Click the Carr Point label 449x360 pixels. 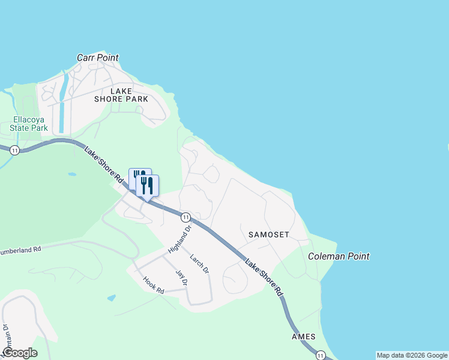pyautogui.click(x=98, y=58)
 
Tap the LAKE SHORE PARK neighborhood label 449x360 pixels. pyautogui.click(x=121, y=95)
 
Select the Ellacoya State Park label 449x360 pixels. pyautogui.click(x=29, y=124)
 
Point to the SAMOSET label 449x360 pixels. pyautogui.click(x=265, y=234)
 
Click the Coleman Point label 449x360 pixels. pyautogui.click(x=339, y=256)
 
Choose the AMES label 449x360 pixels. pyautogui.click(x=303, y=337)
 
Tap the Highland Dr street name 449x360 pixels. pyautogui.click(x=179, y=238)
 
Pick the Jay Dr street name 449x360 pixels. pyautogui.click(x=181, y=278)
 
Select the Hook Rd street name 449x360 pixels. pyautogui.click(x=154, y=284)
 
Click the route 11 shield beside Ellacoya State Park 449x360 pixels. pyautogui.click(x=15, y=150)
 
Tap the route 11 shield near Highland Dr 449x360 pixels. pyautogui.click(x=186, y=217)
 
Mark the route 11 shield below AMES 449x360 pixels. pyautogui.click(x=322, y=355)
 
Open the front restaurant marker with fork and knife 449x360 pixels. pyautogui.click(x=147, y=185)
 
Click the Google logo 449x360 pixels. pyautogui.click(x=20, y=353)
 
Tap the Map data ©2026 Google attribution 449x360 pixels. pyautogui.click(x=412, y=355)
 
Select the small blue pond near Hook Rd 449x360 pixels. pyautogui.click(x=111, y=298)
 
